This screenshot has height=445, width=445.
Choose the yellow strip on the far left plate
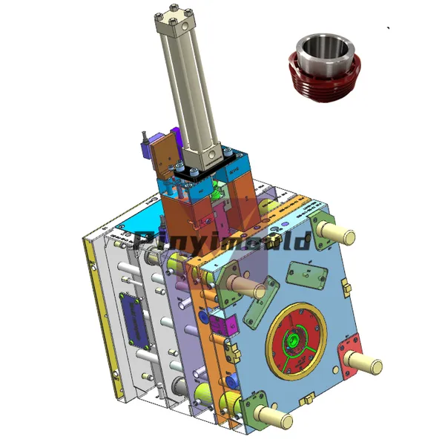(x=94, y=311)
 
